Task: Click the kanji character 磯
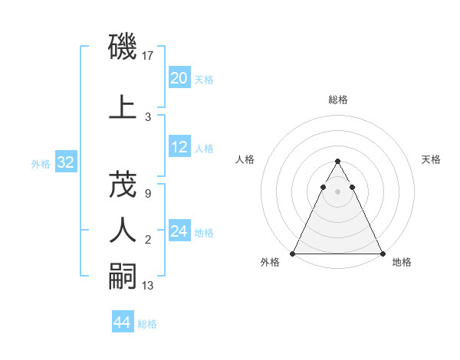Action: point(123,48)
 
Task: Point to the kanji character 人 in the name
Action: point(123,229)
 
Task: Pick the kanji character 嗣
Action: point(123,275)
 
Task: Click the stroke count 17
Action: point(149,55)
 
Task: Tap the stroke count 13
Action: point(149,286)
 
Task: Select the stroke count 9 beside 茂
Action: point(147,194)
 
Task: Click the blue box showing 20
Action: point(179,78)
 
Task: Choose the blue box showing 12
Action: point(179,147)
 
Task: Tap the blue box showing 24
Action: point(179,231)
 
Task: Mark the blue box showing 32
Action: point(65,162)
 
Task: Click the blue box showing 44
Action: point(122,322)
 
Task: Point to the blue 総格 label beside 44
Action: point(147,324)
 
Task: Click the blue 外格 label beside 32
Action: point(41,163)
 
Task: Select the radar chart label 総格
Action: point(337,100)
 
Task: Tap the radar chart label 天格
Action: point(431,159)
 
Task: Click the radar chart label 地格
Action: point(402,262)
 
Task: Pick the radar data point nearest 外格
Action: point(293,253)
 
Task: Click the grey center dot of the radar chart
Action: point(337,191)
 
